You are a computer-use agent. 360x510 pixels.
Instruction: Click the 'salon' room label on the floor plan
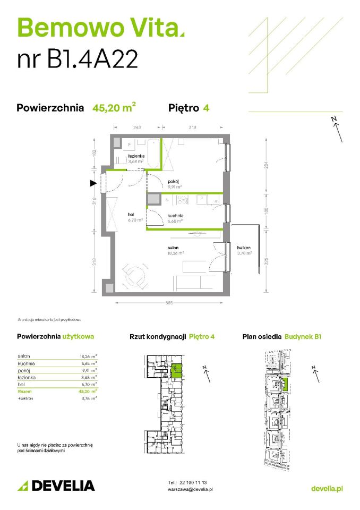click(172, 248)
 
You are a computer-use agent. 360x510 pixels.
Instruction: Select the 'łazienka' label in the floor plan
click(136, 156)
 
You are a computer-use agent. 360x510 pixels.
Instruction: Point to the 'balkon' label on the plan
click(244, 248)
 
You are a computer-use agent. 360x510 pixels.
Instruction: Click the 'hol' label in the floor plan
click(130, 215)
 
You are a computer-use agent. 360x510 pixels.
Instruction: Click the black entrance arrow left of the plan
click(93, 183)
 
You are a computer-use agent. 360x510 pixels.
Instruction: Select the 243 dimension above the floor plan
click(136, 127)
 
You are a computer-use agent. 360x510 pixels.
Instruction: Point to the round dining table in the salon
click(134, 277)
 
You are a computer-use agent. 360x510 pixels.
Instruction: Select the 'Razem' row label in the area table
click(24, 390)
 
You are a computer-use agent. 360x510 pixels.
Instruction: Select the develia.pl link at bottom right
click(327, 488)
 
